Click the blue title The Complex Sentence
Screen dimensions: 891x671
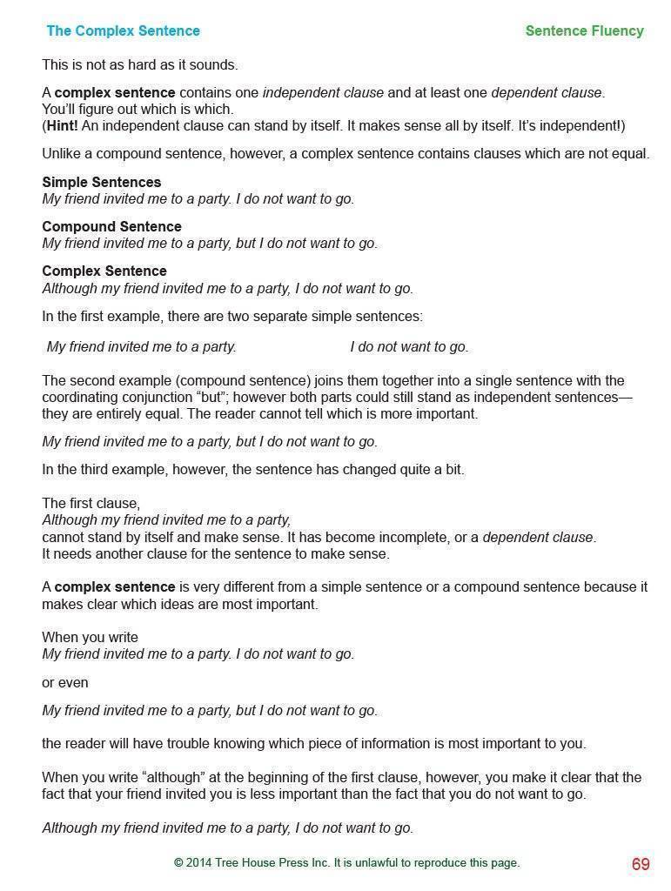point(123,31)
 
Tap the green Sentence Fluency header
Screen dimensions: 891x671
point(584,31)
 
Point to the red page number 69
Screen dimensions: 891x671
point(641,864)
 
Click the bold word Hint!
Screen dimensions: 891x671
point(64,126)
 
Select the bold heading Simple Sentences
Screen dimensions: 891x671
point(101,183)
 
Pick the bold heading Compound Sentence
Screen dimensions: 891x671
point(111,227)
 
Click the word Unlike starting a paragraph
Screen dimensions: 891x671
point(62,154)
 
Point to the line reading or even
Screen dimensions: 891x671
point(65,683)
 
